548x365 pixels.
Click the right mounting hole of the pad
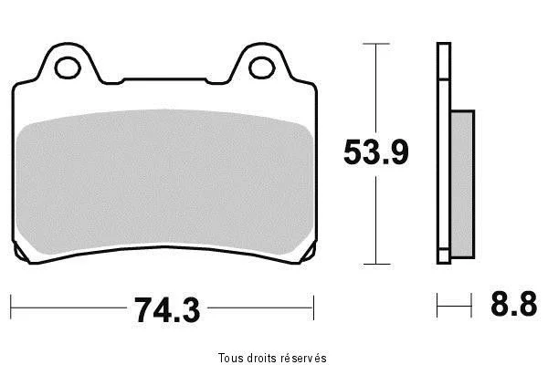(262, 68)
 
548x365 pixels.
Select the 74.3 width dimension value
(167, 310)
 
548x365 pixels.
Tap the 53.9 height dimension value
(376, 152)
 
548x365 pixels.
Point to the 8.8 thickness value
(513, 304)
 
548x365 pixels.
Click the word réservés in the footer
(305, 358)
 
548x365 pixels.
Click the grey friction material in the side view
(462, 184)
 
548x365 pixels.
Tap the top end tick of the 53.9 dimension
(376, 44)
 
